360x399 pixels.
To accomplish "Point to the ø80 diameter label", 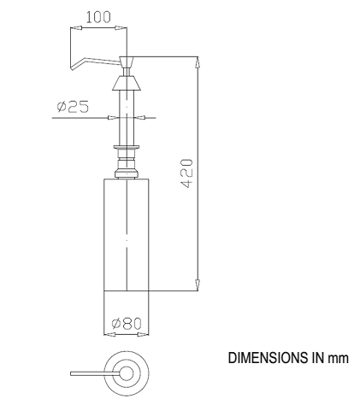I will click(x=127, y=324).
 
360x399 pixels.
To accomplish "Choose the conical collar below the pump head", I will click(x=127, y=86).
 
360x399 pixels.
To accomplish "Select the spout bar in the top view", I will click(x=90, y=373).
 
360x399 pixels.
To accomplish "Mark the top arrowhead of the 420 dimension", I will click(x=198, y=61).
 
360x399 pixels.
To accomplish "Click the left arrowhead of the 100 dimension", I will click(x=73, y=28).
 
